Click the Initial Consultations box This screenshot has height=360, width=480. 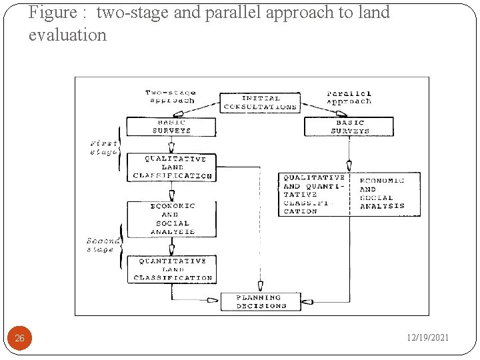coord(260,103)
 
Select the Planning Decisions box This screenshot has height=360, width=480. coord(261,301)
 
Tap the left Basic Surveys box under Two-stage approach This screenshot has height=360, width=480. coord(171,127)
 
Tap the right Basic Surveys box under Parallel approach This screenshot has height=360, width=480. coord(349,127)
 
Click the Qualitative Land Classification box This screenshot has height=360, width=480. coord(172,167)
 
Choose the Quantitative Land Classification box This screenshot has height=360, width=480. coord(172,269)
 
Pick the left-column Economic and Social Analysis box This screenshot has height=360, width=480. coord(171,219)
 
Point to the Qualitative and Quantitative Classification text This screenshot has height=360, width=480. coord(313,194)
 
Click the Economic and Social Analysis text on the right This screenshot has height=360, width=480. coord(383,194)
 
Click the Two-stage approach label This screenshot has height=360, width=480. coord(170,97)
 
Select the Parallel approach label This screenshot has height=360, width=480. coord(349,97)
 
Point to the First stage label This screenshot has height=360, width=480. coord(104,147)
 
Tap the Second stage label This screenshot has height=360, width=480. coord(103,245)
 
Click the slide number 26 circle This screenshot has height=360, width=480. coord(20,338)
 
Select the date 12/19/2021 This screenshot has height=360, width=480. coord(428,338)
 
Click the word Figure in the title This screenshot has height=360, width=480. coord(52,13)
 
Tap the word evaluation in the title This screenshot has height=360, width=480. coord(67,35)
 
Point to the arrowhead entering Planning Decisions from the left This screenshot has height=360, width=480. coord(213,301)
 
